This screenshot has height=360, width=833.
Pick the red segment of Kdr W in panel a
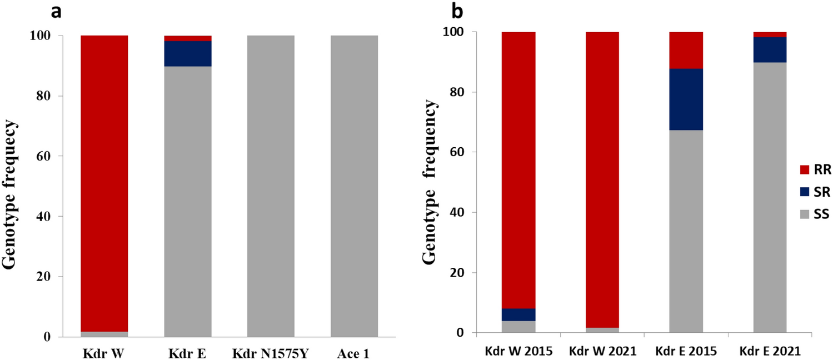(x=104, y=183)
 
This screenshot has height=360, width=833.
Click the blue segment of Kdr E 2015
(x=686, y=99)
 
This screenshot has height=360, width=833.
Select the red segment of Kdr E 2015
(x=686, y=50)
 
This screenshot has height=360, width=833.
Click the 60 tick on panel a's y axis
(x=45, y=156)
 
